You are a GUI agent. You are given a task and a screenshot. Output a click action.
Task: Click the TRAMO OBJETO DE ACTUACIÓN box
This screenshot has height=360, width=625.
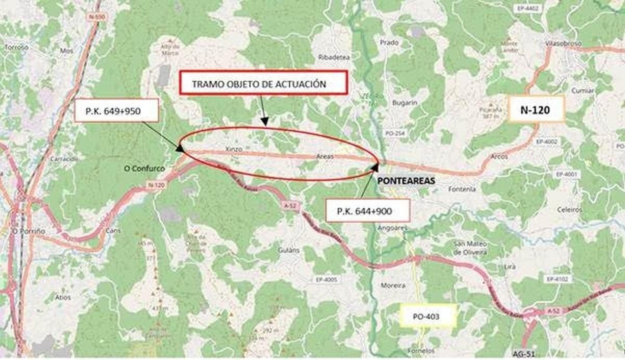(263, 83)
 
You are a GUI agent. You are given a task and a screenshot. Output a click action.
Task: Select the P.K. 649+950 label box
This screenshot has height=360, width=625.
(116, 111)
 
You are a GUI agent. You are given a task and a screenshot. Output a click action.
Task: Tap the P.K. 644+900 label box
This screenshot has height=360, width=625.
(368, 211)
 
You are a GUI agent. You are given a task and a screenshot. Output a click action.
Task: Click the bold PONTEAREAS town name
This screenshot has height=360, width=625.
(406, 181)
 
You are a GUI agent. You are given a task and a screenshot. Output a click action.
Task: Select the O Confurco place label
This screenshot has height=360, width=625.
(145, 168)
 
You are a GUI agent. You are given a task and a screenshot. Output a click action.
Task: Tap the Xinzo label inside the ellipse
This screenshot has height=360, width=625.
(234, 149)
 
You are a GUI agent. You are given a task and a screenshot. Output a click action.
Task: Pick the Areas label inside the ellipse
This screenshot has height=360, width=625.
(325, 156)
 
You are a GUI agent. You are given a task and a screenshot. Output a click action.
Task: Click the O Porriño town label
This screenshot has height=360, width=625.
(29, 231)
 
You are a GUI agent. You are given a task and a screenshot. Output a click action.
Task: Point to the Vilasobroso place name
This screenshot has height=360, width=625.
(563, 43)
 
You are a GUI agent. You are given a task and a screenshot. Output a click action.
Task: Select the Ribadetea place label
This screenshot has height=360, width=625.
(334, 57)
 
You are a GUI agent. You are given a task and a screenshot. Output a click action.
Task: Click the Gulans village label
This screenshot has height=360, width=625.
(289, 250)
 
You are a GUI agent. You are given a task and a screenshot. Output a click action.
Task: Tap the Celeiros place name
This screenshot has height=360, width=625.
(569, 210)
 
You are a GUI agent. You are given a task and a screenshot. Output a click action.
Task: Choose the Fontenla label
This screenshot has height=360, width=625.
(462, 189)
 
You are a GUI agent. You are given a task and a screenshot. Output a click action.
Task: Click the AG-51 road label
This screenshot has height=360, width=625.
(523, 354)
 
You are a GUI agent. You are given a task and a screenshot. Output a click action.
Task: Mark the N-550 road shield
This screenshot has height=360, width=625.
(97, 17)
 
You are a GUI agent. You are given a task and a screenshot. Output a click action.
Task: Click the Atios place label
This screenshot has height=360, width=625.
(63, 297)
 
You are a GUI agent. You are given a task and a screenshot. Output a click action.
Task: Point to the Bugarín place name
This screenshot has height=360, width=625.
(405, 103)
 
